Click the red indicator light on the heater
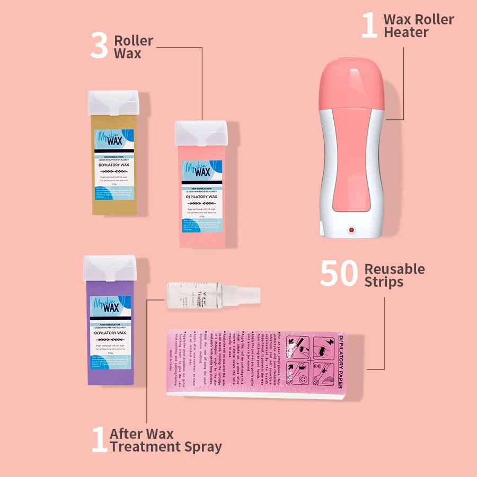[350, 230]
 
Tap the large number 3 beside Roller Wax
[99, 46]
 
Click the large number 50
[340, 274]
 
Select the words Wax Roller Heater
[419, 26]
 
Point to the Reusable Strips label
[394, 275]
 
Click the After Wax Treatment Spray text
[165, 440]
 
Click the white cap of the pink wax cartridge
[201, 131]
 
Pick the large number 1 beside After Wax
[99, 440]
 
